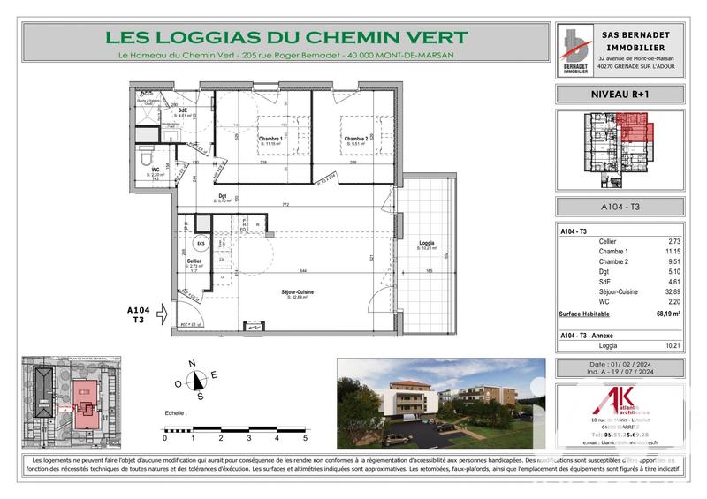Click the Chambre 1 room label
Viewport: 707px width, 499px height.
[x=269, y=140]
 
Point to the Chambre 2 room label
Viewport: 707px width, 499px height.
[x=355, y=139]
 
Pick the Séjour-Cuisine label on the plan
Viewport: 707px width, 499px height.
[x=301, y=293]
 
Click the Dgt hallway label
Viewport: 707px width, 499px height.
[x=224, y=198]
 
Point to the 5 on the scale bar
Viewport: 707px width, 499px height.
[x=305, y=438]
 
